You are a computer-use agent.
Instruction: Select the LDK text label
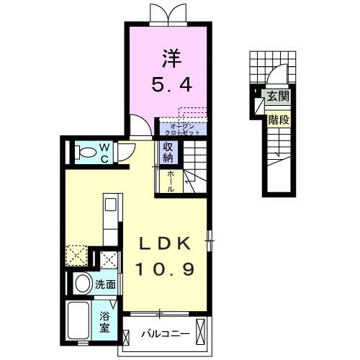(x=167, y=243)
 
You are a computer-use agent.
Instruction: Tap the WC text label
(x=104, y=152)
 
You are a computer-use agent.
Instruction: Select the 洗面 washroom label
(x=105, y=284)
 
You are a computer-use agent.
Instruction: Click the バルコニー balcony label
(x=164, y=334)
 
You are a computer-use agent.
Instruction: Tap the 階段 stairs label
(x=278, y=120)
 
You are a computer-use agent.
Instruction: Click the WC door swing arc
(x=125, y=152)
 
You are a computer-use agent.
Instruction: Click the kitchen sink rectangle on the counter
(x=110, y=205)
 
